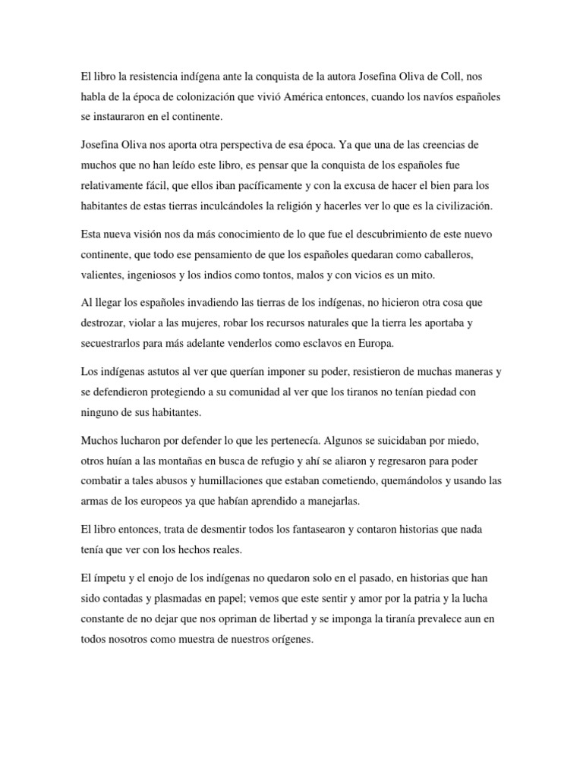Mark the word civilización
tap(460, 205)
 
